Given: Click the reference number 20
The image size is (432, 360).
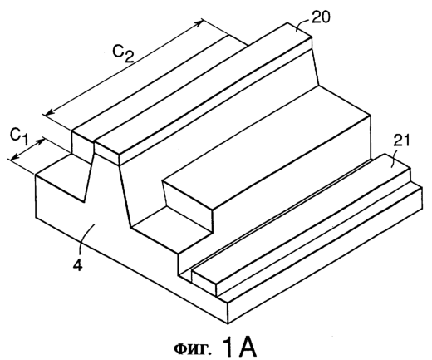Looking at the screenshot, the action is (321, 18).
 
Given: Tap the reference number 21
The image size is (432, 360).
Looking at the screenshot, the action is (401, 141).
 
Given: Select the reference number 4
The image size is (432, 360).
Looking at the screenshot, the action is (77, 265).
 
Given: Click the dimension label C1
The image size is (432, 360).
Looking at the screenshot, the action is (19, 136).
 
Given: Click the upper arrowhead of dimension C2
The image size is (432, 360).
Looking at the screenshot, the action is (199, 23).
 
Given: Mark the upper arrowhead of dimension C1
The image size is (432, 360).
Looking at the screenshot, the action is (41, 141).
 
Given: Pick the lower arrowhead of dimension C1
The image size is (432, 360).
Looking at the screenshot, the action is (14, 157).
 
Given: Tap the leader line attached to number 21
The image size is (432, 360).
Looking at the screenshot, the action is (395, 155).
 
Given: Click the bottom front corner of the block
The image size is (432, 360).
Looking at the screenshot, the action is (228, 323).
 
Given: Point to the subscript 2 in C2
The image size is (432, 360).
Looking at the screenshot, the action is (129, 57).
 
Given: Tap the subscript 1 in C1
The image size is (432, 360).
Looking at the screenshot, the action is (25, 141).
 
